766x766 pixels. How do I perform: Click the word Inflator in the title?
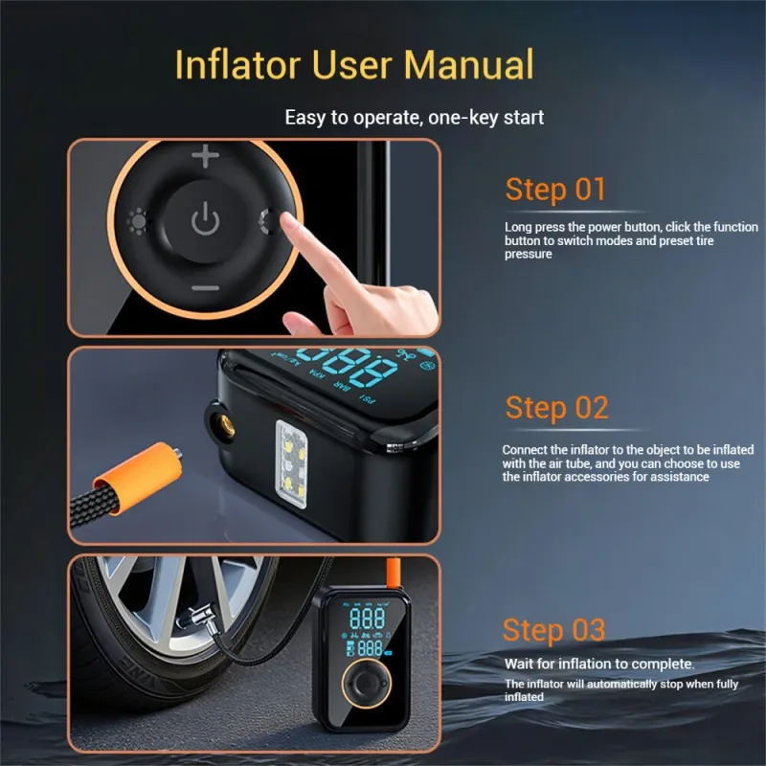237,64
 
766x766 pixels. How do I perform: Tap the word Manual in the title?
468,64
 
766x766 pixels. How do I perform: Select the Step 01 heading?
555,190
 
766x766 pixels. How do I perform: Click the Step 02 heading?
557,408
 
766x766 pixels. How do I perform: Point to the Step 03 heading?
554,630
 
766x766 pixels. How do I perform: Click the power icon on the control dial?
205,218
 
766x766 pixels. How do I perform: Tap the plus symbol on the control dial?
205,156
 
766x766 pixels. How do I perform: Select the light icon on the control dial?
137,221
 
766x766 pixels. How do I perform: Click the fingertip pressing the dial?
288,222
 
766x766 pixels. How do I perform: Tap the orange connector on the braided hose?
139,477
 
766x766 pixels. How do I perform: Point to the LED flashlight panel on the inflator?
292,464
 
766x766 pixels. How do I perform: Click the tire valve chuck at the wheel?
198,619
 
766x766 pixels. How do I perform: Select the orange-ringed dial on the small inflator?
367,684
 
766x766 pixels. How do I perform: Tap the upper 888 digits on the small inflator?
368,619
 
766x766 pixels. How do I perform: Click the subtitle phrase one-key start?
485,118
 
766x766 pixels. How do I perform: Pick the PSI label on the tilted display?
368,398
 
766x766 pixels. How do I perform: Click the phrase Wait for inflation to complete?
599,664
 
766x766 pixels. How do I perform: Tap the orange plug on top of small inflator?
394,573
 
